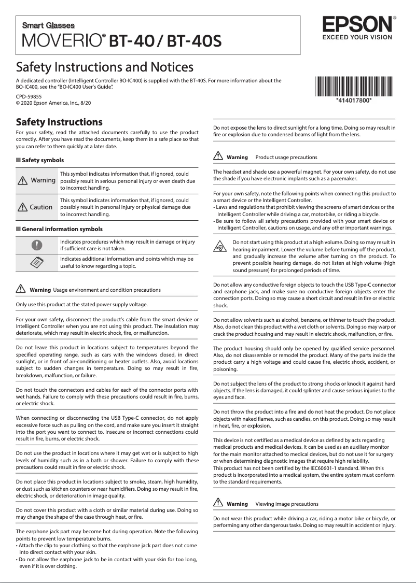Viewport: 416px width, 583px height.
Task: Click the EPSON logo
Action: pyautogui.click(x=357, y=24)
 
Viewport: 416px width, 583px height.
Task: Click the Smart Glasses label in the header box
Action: pyautogui.click(x=48, y=25)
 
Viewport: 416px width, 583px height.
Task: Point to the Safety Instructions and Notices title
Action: pyautogui.click(x=105, y=67)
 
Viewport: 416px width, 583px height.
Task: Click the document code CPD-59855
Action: pyautogui.click(x=29, y=96)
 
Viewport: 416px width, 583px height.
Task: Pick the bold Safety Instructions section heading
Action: pyautogui.click(x=59, y=122)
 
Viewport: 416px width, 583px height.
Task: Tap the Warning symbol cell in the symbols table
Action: pyautogui.click(x=36, y=180)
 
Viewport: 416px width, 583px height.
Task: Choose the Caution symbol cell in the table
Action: pyautogui.click(x=36, y=207)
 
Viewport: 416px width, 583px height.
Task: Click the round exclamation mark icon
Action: pyautogui.click(x=36, y=245)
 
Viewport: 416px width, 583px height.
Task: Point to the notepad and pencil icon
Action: pyautogui.click(x=36, y=262)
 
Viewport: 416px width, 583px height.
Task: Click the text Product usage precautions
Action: pyautogui.click(x=286, y=157)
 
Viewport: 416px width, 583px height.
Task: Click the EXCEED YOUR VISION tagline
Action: pyautogui.click(x=357, y=37)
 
